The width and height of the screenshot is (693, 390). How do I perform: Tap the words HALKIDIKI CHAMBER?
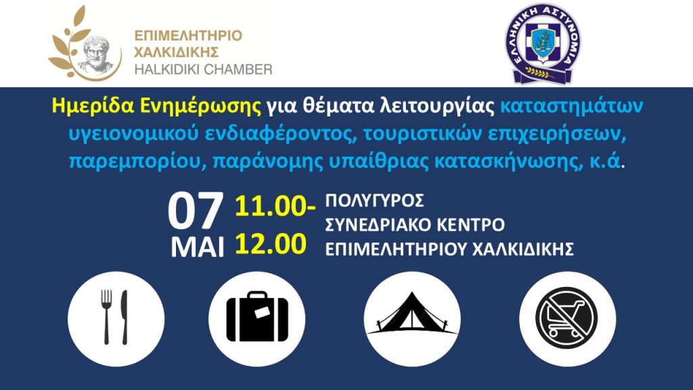[x=203, y=69]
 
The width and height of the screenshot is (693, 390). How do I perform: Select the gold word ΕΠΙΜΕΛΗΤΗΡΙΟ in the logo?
[x=187, y=35]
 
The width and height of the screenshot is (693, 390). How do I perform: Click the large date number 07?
[x=195, y=212]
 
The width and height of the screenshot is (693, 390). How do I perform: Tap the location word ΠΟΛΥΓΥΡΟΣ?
[x=375, y=202]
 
